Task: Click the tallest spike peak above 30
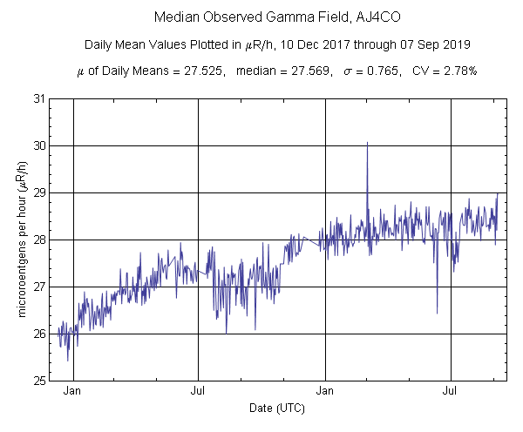pos(367,142)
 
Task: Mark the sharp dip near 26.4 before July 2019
pos(437,313)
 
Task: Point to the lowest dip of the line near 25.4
pos(68,360)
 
